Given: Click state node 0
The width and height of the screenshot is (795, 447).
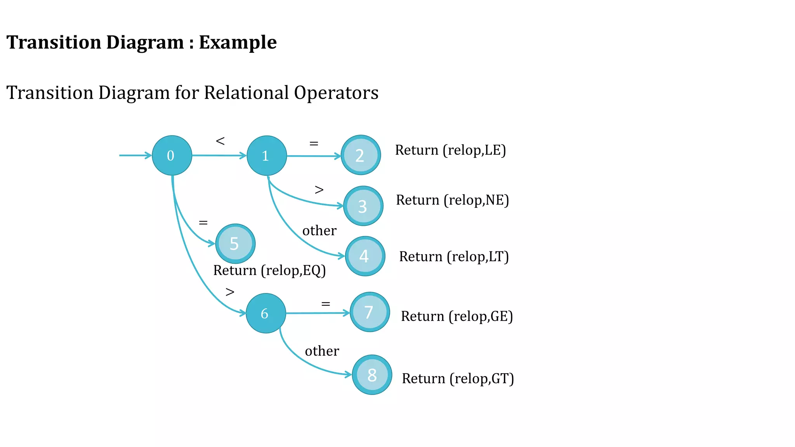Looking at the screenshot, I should pyautogui.click(x=172, y=155).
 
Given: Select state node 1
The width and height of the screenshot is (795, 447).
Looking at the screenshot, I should pyautogui.click(x=266, y=155).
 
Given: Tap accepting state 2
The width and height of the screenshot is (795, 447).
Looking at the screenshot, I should pyautogui.click(x=361, y=155).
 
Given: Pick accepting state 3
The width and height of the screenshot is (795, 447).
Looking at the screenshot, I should pyautogui.click(x=363, y=206).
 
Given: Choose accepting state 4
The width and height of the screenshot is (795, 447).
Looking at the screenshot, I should pyautogui.click(x=365, y=256).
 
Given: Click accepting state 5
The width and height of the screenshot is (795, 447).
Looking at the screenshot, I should pyautogui.click(x=235, y=244).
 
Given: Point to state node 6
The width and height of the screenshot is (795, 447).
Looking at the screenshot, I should pyautogui.click(x=266, y=313).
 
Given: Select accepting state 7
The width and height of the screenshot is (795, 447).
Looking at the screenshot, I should pyautogui.click(x=370, y=312).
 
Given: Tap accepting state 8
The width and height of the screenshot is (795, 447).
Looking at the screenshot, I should pyautogui.click(x=372, y=375).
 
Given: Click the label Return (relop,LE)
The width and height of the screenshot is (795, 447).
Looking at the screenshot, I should pyautogui.click(x=450, y=150).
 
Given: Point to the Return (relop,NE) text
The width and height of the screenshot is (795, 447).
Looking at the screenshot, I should pyautogui.click(x=452, y=200).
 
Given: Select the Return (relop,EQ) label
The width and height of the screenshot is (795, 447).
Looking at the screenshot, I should pyautogui.click(x=269, y=270).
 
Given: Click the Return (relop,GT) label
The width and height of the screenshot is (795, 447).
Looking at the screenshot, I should pyautogui.click(x=458, y=378).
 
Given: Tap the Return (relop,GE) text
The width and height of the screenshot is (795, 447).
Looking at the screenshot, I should pyautogui.click(x=457, y=316).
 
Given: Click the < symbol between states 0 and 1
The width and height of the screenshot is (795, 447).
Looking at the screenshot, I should pyautogui.click(x=220, y=141).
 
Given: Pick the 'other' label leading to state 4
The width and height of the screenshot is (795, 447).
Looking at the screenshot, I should pyautogui.click(x=319, y=230).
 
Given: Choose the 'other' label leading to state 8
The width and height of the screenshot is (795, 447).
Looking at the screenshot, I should pyautogui.click(x=322, y=351).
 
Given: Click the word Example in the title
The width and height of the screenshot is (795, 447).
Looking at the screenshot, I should pyautogui.click(x=238, y=42).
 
